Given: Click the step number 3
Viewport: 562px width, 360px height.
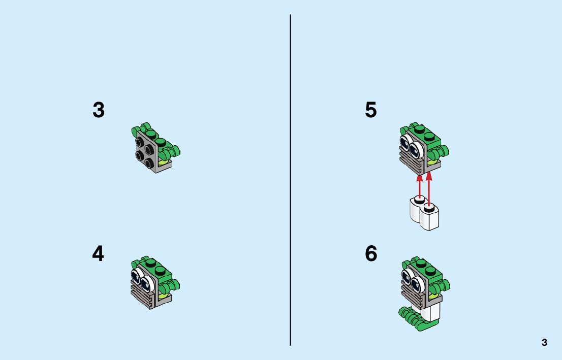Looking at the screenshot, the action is [x=99, y=110].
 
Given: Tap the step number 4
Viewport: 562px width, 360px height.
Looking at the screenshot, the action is [x=98, y=254].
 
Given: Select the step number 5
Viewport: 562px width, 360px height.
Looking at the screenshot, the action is [x=371, y=110].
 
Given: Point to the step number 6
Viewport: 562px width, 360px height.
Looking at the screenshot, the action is [x=371, y=254].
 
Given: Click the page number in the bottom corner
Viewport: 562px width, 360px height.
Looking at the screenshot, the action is [x=544, y=343].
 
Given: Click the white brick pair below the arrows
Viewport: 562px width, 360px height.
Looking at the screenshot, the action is [x=423, y=214].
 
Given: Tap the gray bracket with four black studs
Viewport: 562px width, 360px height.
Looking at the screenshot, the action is [x=146, y=151].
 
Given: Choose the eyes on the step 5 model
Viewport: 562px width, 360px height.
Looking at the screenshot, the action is [x=412, y=146].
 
